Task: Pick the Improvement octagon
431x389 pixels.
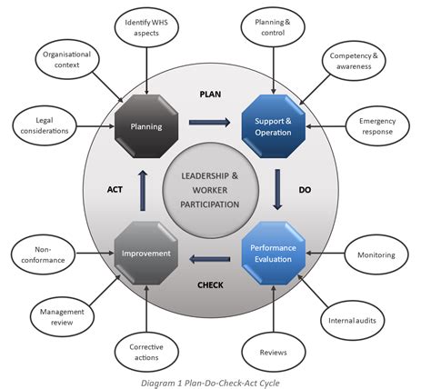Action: pos(145,253)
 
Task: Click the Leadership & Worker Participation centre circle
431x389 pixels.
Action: pos(210,192)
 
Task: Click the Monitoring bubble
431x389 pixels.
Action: pos(376,254)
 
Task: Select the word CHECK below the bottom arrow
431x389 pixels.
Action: pos(211,284)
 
